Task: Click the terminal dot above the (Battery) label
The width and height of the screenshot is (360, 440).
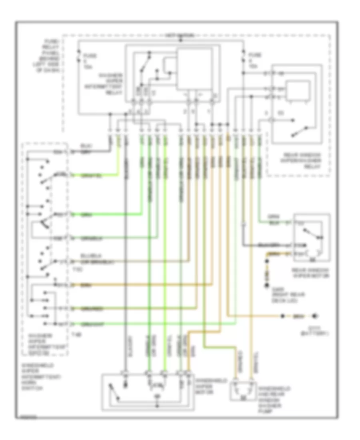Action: (316, 316)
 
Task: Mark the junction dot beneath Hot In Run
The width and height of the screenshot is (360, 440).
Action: (180, 40)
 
